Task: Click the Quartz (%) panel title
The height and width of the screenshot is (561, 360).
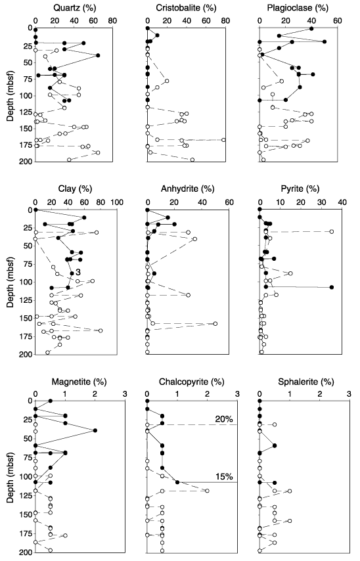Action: [x=74, y=8]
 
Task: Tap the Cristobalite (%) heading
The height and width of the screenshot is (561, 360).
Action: [x=186, y=8]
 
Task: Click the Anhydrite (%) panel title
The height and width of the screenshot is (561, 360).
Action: [x=187, y=189]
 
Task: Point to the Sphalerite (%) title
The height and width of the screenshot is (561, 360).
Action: [x=306, y=382]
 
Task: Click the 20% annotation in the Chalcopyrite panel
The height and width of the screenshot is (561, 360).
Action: [x=224, y=419]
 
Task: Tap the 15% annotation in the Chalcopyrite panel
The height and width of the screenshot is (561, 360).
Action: [x=224, y=476]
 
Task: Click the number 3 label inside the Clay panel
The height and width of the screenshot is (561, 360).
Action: [x=78, y=273]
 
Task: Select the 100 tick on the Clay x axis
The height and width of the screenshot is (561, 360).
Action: [x=117, y=202]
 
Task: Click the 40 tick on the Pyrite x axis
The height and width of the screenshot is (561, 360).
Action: [x=342, y=202]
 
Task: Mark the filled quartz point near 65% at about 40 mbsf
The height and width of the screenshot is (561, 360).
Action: [x=98, y=55]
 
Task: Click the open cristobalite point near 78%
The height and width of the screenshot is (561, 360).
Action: [x=223, y=140]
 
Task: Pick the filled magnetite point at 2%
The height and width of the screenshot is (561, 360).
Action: [x=95, y=430]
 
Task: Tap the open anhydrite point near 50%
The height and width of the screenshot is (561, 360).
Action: [x=215, y=323]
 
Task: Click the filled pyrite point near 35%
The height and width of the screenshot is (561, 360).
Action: [x=332, y=287]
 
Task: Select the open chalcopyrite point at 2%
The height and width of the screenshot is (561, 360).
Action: [x=207, y=491]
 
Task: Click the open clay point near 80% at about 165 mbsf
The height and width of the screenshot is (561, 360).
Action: [x=101, y=330]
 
